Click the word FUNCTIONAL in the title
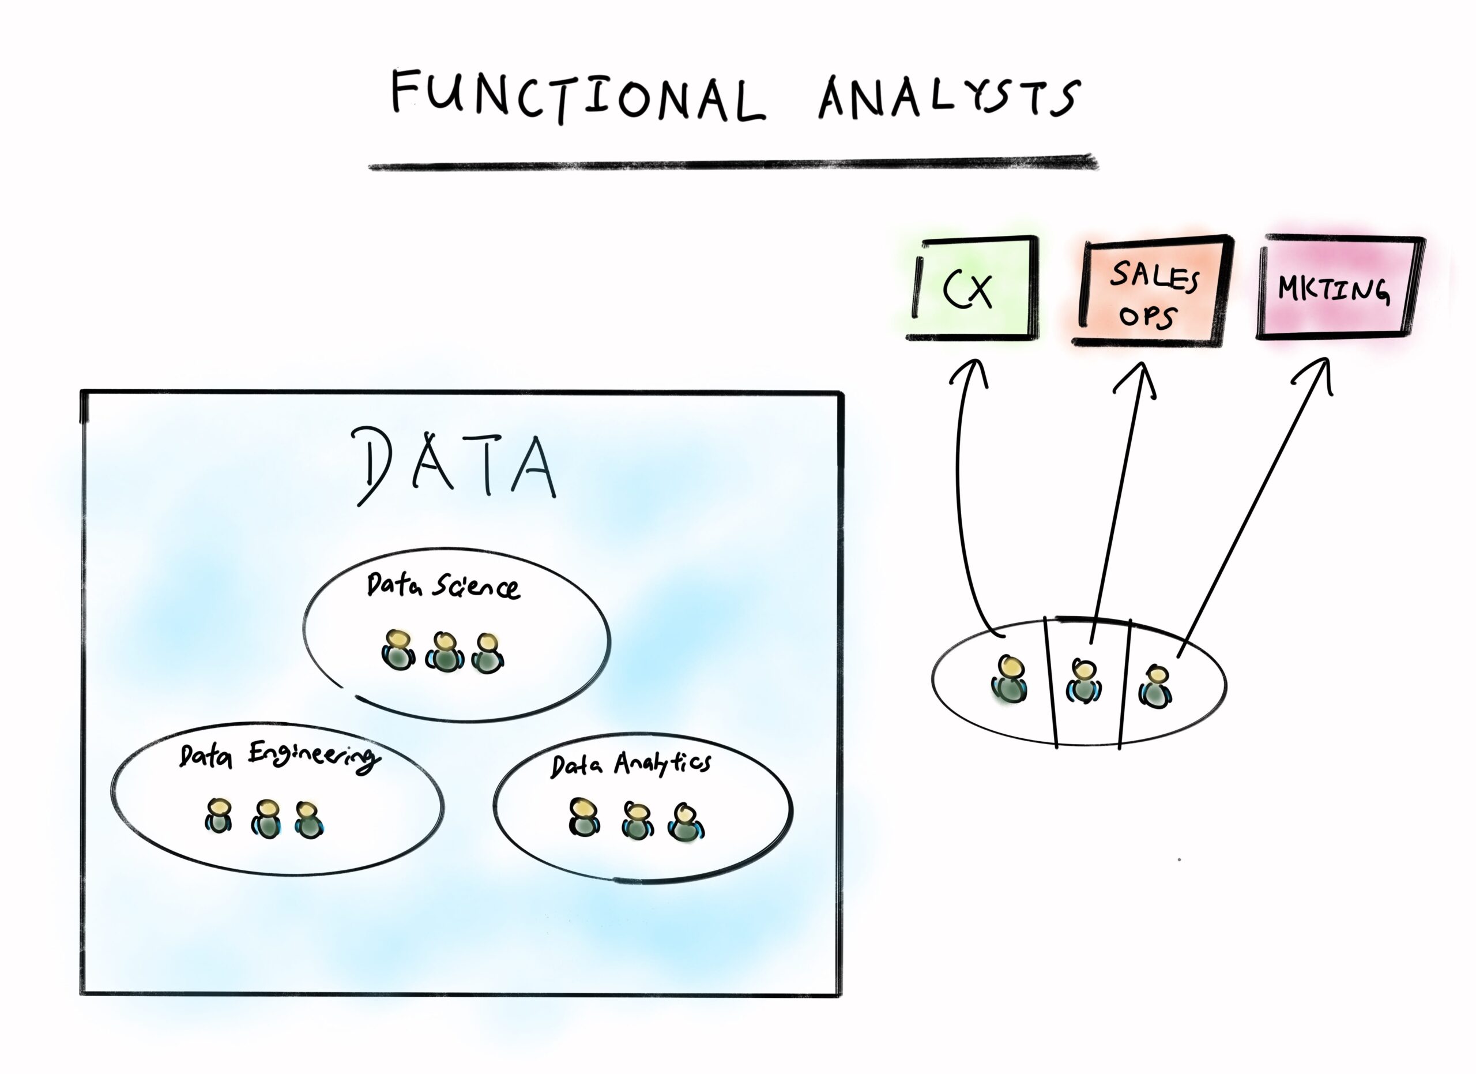click(578, 97)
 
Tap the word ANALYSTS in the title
click(950, 97)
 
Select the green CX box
click(972, 288)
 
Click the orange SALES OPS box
click(1153, 290)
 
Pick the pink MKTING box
click(1341, 287)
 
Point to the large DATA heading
click(455, 465)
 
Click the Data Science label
click(443, 585)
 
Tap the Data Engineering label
click(278, 756)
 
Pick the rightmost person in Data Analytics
click(686, 824)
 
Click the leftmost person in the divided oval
click(1010, 680)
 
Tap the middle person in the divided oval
click(1083, 682)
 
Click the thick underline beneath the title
click(733, 163)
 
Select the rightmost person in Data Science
click(487, 654)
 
